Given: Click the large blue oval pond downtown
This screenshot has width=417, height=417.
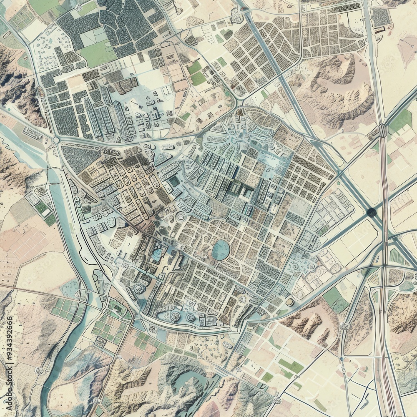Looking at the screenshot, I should pos(221,250).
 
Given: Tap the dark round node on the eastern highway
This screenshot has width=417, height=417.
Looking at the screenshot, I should pos(372,213).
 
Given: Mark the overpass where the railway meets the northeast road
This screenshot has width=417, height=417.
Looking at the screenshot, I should pos(382,131).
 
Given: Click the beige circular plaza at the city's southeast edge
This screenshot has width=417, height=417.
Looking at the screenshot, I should pos(289,301).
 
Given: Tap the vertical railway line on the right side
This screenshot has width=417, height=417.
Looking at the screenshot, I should pos(384,292).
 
